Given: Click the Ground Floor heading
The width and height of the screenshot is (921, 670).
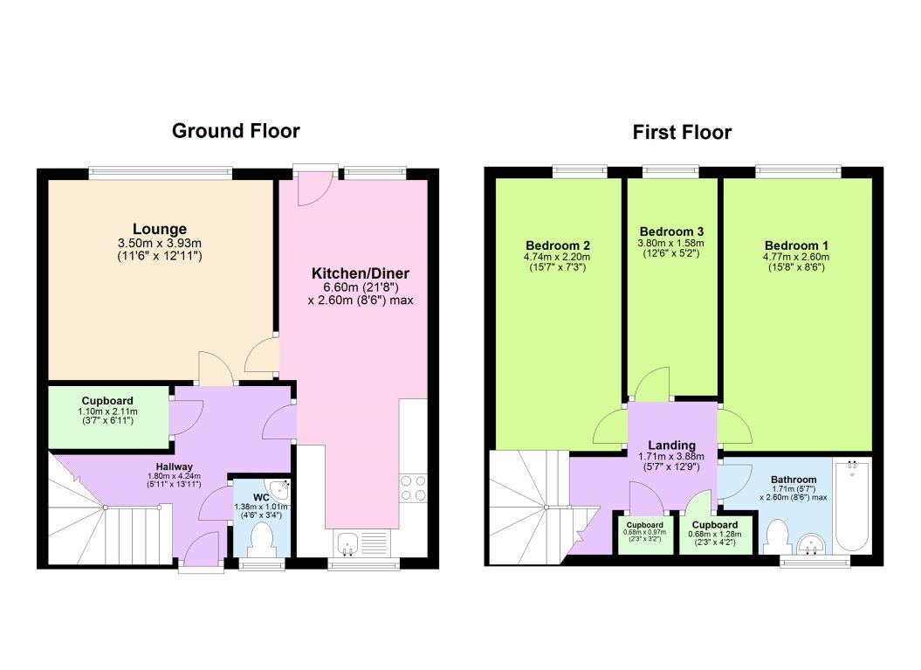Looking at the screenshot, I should [x=236, y=131].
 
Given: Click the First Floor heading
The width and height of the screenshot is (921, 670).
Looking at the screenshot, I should [x=682, y=133].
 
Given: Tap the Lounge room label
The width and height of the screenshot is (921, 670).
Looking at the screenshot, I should [x=160, y=230].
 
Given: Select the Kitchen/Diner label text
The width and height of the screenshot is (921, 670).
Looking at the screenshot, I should [x=361, y=273].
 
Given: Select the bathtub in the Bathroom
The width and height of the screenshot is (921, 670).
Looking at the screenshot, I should [x=852, y=505].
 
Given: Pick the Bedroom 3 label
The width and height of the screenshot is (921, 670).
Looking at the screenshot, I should [x=671, y=231].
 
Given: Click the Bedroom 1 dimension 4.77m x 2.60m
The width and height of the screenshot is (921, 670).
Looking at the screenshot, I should [x=798, y=258].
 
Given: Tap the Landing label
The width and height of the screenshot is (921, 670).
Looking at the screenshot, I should [x=671, y=445].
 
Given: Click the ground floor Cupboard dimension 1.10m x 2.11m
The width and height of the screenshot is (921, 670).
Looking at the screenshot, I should [x=108, y=411].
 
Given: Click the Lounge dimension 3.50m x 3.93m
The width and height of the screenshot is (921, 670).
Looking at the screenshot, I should [x=160, y=244].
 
